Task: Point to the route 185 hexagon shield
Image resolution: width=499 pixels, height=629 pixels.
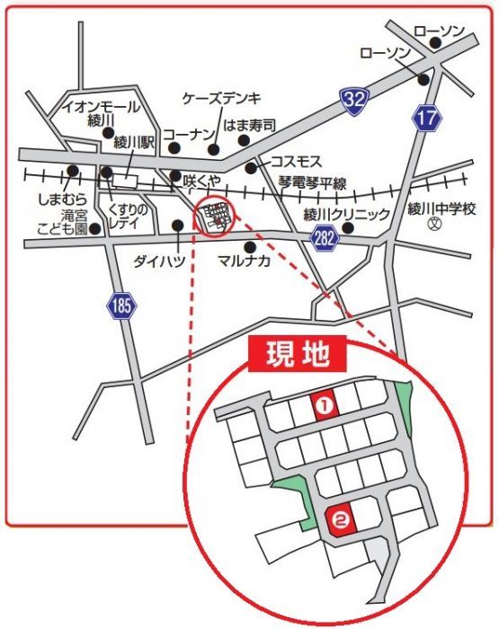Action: tap(122, 306)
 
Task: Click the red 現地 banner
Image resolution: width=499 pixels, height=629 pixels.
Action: tap(296, 353)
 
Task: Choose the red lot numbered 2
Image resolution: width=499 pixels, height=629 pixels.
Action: tap(340, 518)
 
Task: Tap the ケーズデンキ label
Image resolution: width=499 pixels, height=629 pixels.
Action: tap(221, 97)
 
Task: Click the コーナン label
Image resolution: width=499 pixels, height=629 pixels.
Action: tap(187, 132)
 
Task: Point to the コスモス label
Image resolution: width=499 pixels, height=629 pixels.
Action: tap(296, 162)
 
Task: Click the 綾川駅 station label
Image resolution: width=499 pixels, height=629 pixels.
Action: tap(135, 142)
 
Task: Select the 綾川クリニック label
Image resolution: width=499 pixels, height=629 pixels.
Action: tap(346, 214)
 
